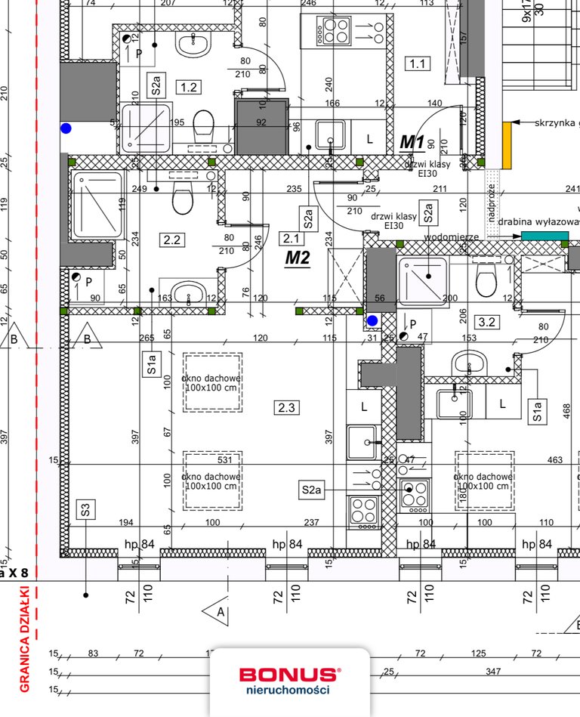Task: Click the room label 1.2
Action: pyautogui.click(x=188, y=88)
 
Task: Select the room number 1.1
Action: pyautogui.click(x=417, y=63)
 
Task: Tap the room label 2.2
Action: pyautogui.click(x=172, y=240)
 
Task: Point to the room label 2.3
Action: pyautogui.click(x=286, y=408)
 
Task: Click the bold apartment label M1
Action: pyautogui.click(x=412, y=142)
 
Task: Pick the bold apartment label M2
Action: pyautogui.click(x=298, y=258)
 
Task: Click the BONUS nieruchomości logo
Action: pyautogui.click(x=289, y=680)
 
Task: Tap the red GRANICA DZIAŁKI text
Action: pyautogui.click(x=24, y=638)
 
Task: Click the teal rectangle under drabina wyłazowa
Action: pyautogui.click(x=545, y=236)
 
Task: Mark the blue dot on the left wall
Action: pyautogui.click(x=66, y=129)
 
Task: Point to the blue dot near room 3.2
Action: pyautogui.click(x=372, y=321)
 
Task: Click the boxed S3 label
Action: pyautogui.click(x=86, y=509)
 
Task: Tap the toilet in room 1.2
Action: pyautogui.click(x=204, y=125)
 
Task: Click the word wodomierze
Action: pyautogui.click(x=452, y=237)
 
